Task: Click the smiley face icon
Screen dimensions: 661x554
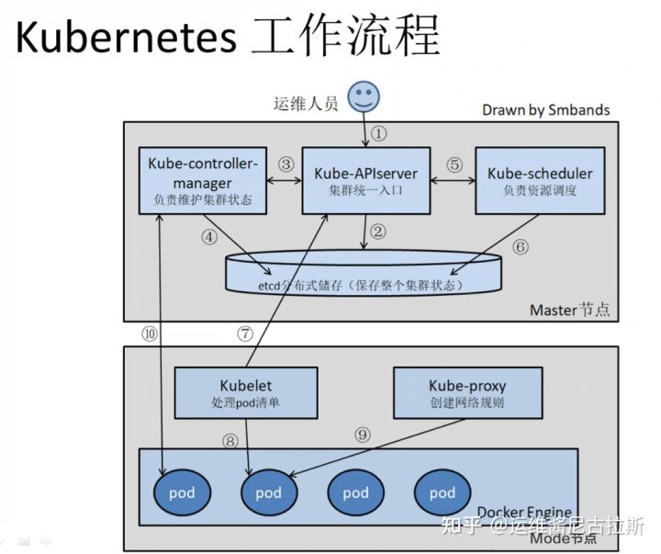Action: point(364,97)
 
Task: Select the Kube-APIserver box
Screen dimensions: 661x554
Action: point(366,181)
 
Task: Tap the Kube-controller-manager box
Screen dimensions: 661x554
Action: point(203,181)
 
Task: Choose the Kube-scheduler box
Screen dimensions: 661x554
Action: point(540,181)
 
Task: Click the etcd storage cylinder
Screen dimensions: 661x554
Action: point(364,273)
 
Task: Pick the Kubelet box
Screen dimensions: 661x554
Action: point(246,393)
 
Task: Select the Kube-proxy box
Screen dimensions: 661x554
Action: point(468,393)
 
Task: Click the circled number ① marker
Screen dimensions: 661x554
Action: point(378,134)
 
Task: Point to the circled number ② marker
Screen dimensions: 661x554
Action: point(377,232)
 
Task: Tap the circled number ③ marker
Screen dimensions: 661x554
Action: point(286,164)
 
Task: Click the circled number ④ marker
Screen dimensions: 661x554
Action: point(209,237)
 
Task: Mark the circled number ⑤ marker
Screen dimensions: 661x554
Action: point(454,164)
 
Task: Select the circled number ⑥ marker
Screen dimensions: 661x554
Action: point(521,247)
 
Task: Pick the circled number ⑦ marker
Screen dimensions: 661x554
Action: point(245,334)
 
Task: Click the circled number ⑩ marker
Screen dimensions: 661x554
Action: point(150,334)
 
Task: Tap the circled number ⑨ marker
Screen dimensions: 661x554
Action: point(363,435)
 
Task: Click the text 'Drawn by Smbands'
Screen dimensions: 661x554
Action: point(546,110)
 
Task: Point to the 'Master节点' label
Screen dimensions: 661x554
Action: point(569,311)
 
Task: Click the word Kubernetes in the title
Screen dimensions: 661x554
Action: point(126,37)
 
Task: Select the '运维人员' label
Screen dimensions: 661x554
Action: point(306,104)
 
